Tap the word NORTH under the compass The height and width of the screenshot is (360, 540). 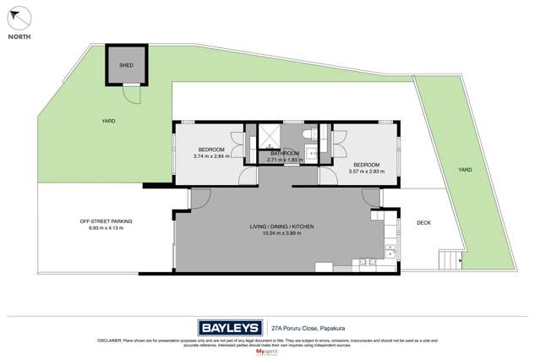click(21, 38)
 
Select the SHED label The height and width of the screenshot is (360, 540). click(126, 64)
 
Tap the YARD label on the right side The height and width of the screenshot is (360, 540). click(464, 170)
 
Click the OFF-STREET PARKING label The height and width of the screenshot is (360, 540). click(106, 221)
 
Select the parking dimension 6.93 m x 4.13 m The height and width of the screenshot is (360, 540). click(106, 228)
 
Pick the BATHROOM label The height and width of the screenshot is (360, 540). click(285, 153)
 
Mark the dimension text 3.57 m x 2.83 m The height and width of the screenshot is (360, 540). click(366, 171)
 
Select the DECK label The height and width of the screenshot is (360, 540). click(424, 223)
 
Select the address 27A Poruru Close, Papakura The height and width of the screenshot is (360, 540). click(308, 324)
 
